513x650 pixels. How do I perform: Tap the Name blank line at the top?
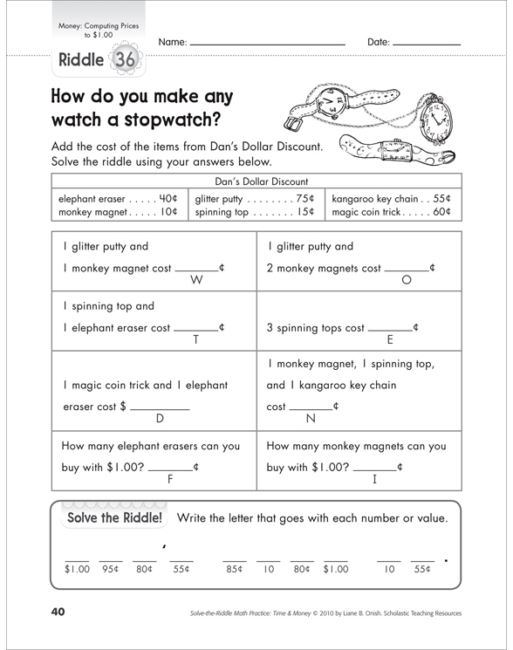click(x=266, y=43)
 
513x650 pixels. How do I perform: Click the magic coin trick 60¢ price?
click(x=442, y=211)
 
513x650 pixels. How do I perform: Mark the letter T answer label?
click(x=195, y=340)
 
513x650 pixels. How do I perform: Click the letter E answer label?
click(x=390, y=340)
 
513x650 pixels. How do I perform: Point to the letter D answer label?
click(x=160, y=419)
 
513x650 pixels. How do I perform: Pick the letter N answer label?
click(x=310, y=419)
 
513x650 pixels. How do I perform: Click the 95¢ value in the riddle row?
click(x=110, y=570)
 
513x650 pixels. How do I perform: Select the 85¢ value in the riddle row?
click(x=233, y=570)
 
